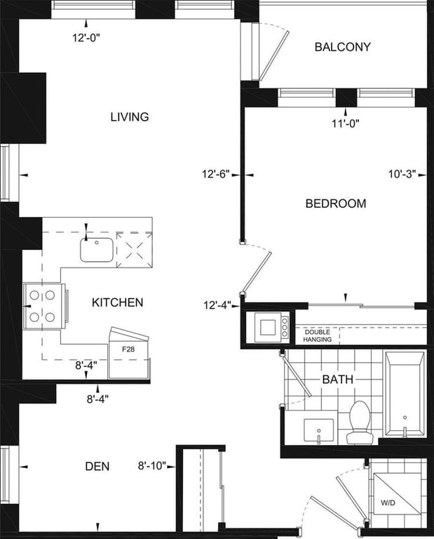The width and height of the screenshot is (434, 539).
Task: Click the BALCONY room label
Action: pos(343,47)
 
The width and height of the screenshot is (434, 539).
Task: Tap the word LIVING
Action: pos(130,117)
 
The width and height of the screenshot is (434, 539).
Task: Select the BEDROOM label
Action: pos(336,204)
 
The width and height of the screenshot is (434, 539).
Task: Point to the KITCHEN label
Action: pos(117,302)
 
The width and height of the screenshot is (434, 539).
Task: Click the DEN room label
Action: pos(97,467)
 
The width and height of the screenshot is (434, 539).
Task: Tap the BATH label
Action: pos(338,380)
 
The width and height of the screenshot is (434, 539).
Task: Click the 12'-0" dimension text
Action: pos(86,37)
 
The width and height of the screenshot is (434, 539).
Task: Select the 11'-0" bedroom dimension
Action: pos(346,124)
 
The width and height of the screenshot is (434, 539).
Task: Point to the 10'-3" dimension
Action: pos(402,174)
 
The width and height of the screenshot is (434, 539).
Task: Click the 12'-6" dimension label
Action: pos(216,174)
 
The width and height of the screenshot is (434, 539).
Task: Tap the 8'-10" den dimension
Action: pos(152,466)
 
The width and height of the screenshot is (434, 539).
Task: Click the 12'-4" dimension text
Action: pos(217,305)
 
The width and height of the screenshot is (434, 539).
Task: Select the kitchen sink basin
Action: pos(97,250)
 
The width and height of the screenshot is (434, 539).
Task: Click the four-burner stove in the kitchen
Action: pos(43,306)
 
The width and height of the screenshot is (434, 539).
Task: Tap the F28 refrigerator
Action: pos(129,353)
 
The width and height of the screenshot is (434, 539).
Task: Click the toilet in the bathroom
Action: pos(360,422)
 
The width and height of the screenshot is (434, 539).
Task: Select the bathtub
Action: pos(405,394)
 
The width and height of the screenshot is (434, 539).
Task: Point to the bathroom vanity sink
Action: pos(318,430)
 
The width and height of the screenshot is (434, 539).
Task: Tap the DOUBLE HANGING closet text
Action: pos(318,336)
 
